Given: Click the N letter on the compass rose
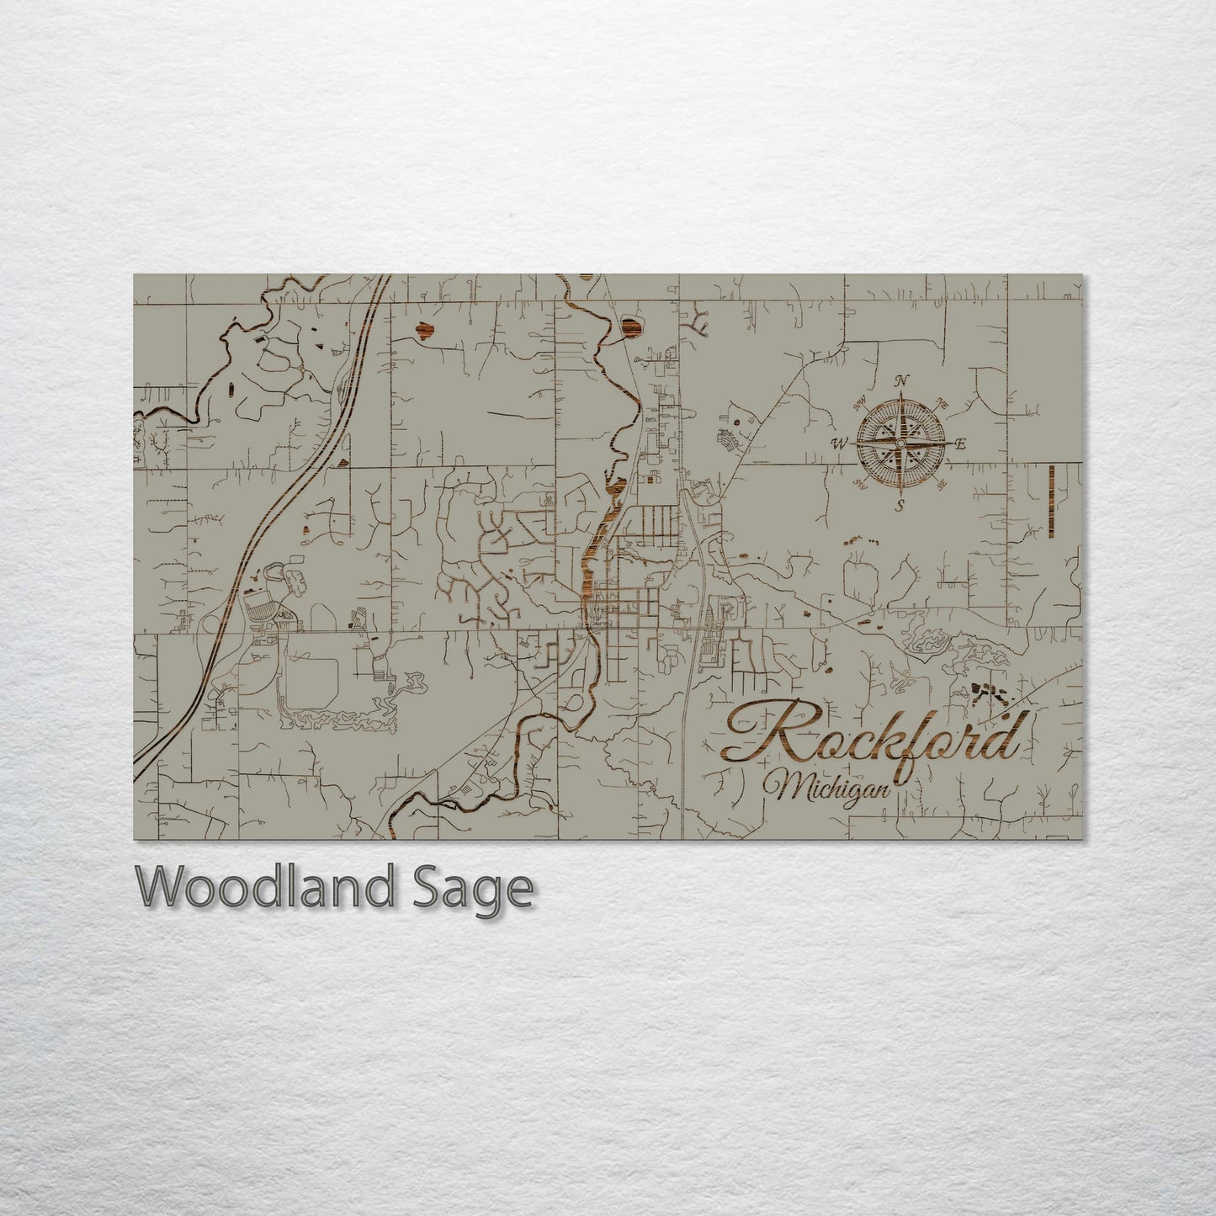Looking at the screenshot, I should [x=903, y=380].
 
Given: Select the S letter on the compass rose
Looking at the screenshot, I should [x=899, y=505].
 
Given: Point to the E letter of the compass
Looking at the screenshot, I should [x=961, y=444].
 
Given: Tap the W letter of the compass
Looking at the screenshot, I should [x=839, y=443].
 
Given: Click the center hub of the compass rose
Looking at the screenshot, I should [x=900, y=443].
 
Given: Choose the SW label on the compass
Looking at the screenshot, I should [x=859, y=483].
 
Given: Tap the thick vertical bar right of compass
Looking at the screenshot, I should [x=1052, y=500].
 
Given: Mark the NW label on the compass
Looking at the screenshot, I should [x=860, y=404].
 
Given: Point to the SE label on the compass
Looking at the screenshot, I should [x=942, y=483].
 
